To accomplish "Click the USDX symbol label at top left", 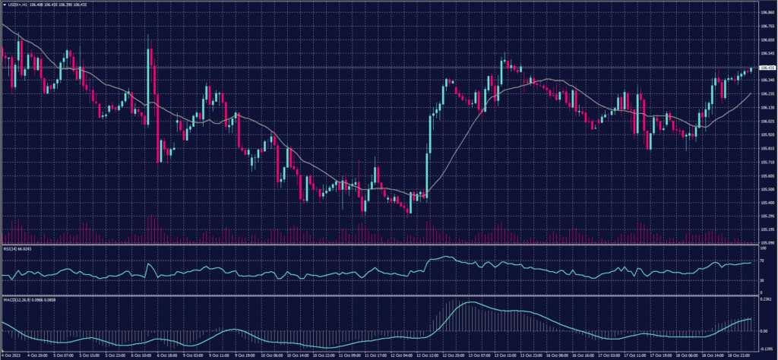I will coord(17,5).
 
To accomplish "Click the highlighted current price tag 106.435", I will coord(767,68).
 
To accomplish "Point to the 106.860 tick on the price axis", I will coord(767,12).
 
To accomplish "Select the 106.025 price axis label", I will coord(767,121).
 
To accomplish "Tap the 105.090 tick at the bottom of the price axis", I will coord(767,242).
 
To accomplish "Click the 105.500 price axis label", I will coord(767,188).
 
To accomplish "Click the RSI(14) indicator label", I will coord(15,248).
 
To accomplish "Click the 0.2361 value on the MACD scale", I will coord(766,299).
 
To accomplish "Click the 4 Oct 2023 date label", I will coord(11,355).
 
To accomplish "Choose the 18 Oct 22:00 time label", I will coord(741,355).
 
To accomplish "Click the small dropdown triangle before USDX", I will coord(4,5).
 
